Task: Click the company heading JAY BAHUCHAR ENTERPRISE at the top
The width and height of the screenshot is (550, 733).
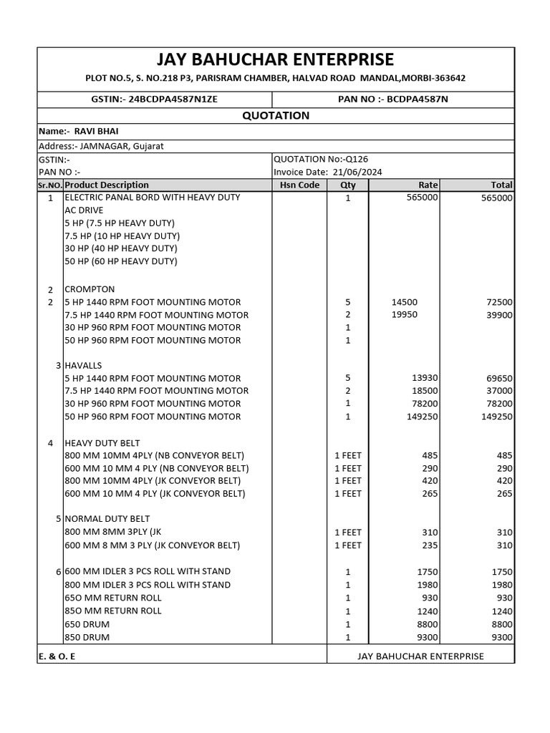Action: (276, 59)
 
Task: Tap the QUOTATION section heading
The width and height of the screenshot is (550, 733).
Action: (276, 115)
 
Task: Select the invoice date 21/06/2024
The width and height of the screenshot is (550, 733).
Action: (356, 172)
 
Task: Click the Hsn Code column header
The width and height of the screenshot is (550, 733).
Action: (299, 185)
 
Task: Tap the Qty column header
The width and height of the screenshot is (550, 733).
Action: (347, 185)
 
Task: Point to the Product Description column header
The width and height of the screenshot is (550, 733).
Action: (107, 185)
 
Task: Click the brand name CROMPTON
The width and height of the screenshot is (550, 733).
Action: (90, 289)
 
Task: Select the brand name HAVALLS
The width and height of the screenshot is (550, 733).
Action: (84, 365)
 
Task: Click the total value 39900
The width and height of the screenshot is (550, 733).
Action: (498, 315)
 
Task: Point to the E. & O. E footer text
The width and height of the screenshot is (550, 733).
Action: (57, 656)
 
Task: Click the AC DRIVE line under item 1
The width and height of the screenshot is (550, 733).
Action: (84, 210)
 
